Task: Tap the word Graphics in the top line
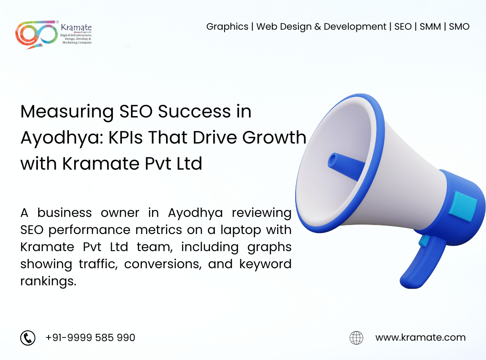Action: pos(227,27)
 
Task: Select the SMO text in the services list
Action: pos(459,27)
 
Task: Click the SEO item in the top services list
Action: pos(403,27)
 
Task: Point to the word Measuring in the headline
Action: pos(66,112)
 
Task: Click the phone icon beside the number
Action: pos(28,337)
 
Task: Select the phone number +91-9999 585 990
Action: pos(90,337)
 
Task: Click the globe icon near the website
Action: pos(356,337)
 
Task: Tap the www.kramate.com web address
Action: pos(420,337)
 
